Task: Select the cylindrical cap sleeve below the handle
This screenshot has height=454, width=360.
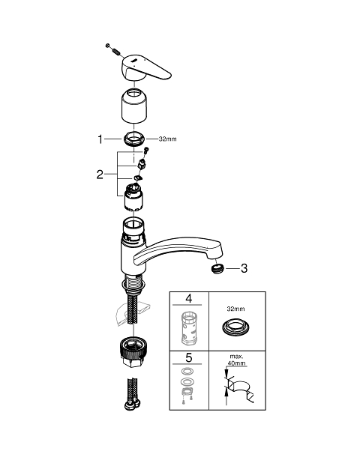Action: (134, 106)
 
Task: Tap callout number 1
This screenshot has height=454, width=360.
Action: (100, 139)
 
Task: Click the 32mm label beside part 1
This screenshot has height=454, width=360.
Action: (167, 139)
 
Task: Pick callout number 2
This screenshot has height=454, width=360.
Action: (100, 175)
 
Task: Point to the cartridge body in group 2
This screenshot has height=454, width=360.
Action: (133, 198)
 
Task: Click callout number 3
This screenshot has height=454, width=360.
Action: (244, 268)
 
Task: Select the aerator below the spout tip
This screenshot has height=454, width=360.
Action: (217, 268)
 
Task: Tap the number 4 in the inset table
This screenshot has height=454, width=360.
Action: (189, 298)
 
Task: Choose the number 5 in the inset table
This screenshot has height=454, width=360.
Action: (189, 357)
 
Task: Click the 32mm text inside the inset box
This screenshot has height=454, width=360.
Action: (235, 309)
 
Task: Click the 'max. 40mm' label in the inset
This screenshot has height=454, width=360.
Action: (236, 360)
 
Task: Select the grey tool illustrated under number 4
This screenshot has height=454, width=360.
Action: (189, 328)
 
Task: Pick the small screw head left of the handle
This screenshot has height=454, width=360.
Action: (108, 45)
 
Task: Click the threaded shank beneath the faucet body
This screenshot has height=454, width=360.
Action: (133, 282)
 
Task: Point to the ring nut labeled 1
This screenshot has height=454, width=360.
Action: (134, 139)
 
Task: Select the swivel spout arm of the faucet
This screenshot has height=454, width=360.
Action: (178, 250)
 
